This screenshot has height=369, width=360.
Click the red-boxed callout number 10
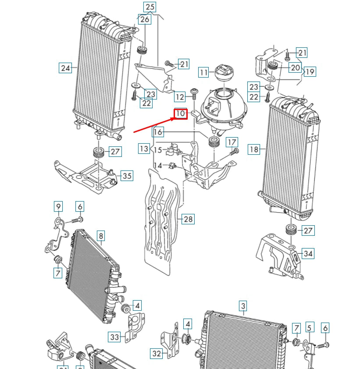[181, 114]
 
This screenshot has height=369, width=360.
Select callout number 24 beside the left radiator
[65, 68]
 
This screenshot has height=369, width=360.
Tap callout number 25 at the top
[150, 7]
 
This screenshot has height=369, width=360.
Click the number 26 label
[144, 19]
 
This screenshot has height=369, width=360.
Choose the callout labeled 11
[203, 72]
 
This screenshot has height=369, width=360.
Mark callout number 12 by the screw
[180, 96]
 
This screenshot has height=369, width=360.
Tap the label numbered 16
[158, 131]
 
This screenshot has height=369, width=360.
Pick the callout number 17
[232, 142]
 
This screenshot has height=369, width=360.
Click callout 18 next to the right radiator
[254, 149]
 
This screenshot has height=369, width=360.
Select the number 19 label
[310, 71]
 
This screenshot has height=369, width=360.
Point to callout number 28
[188, 219]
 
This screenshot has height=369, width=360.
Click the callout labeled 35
[126, 176]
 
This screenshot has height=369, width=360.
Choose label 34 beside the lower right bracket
[308, 253]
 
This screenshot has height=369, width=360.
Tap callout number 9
[58, 206]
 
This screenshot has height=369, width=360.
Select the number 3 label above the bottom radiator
[243, 305]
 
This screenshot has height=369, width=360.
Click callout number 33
[114, 337]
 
